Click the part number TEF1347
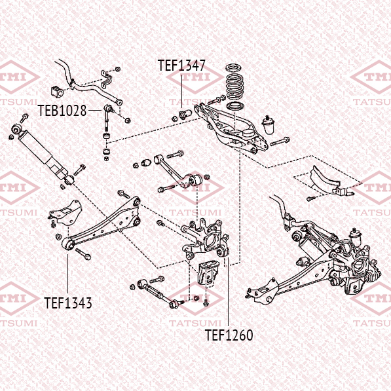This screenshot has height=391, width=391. click(181, 65)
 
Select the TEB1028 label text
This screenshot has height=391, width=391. click(62, 111)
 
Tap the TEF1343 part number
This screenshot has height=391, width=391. click(68, 303)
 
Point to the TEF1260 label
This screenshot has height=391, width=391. click(229, 335)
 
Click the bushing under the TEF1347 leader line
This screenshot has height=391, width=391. click(185, 114)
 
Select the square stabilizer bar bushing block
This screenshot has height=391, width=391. click(57, 92)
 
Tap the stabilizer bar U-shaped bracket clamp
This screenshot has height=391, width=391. click(107, 79)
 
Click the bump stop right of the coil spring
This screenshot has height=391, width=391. click(269, 125)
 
